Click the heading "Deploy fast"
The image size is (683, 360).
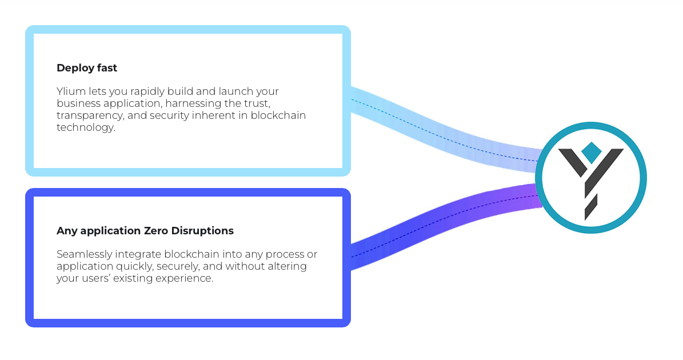(x=87, y=68)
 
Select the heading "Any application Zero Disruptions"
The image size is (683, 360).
(x=145, y=231)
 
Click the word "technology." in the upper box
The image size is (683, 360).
(x=86, y=127)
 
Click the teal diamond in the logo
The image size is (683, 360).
(x=591, y=153)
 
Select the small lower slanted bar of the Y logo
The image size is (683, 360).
(x=590, y=207)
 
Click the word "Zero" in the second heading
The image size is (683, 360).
(x=156, y=231)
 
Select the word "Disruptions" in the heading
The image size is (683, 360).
(x=202, y=231)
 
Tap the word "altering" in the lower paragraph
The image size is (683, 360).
(x=287, y=266)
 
